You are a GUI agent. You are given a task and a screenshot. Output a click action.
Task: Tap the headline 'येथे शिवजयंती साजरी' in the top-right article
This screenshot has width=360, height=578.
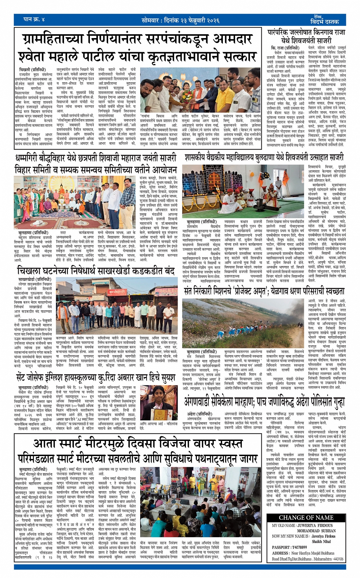pos(306,40)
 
